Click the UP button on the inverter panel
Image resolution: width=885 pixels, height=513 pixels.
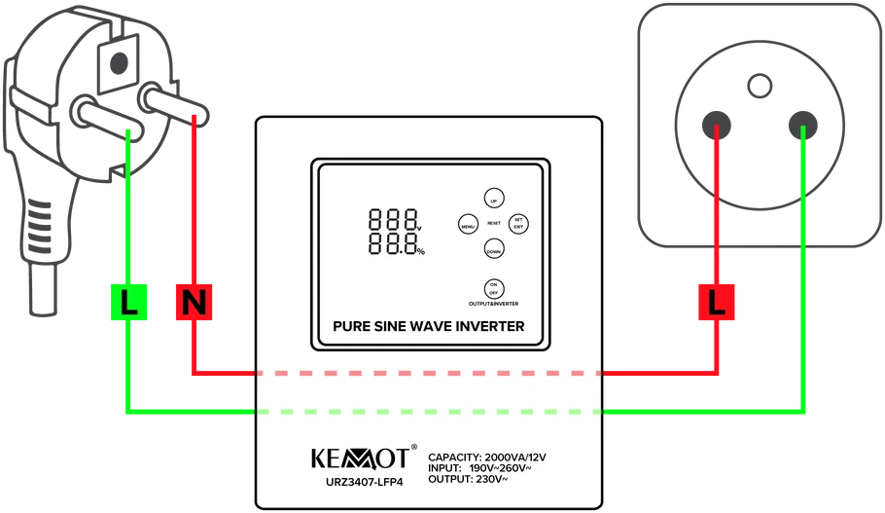click(x=494, y=199)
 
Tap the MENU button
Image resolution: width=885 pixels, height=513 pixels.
click(x=468, y=225)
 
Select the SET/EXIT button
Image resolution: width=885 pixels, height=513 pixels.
click(x=518, y=224)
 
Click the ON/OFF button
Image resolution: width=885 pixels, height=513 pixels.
click(x=494, y=289)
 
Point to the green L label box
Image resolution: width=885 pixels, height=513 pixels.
click(x=128, y=303)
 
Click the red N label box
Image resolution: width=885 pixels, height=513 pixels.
click(x=195, y=303)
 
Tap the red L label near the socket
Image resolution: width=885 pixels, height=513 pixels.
click(x=716, y=303)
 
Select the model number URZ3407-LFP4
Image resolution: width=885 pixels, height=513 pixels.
click(x=365, y=483)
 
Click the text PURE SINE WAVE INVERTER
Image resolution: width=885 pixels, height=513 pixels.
click(x=428, y=326)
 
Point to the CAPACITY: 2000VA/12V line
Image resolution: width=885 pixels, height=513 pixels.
click(x=487, y=458)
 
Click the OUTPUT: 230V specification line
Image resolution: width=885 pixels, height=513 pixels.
click(x=468, y=479)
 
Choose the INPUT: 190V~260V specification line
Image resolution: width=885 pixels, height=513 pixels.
click(x=479, y=468)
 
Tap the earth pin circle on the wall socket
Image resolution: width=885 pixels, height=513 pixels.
click(x=760, y=87)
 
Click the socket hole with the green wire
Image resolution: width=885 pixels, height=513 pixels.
click(x=802, y=125)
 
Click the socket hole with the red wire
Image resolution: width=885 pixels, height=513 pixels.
click(x=716, y=125)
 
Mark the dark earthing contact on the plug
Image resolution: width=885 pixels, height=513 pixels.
click(x=119, y=62)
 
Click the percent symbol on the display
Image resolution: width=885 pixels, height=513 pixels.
click(x=421, y=252)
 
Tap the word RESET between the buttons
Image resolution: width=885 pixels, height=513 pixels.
click(x=494, y=224)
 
